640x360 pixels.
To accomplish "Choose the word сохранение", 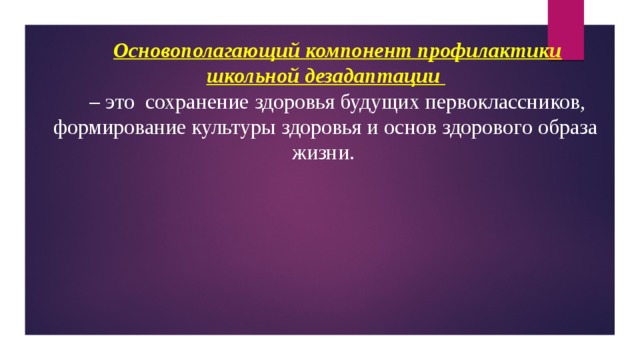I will point(199,102).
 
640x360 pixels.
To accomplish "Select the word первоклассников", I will point(507,102).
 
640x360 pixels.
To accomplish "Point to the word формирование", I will point(112,128).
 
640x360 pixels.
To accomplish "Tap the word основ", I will point(392,128).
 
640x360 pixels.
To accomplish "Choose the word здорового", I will point(475,128).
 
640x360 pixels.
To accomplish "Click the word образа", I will point(567,128).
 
